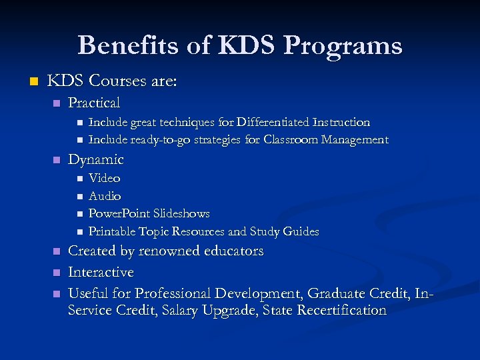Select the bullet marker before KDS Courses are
[27, 81]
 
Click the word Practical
[94, 103]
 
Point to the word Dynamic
[96, 159]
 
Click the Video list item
[104, 178]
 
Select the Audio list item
[105, 196]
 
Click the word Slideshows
[181, 214]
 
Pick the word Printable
[112, 232]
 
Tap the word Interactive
[101, 273]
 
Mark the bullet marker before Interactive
[57, 273]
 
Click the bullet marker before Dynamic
[57, 160]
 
